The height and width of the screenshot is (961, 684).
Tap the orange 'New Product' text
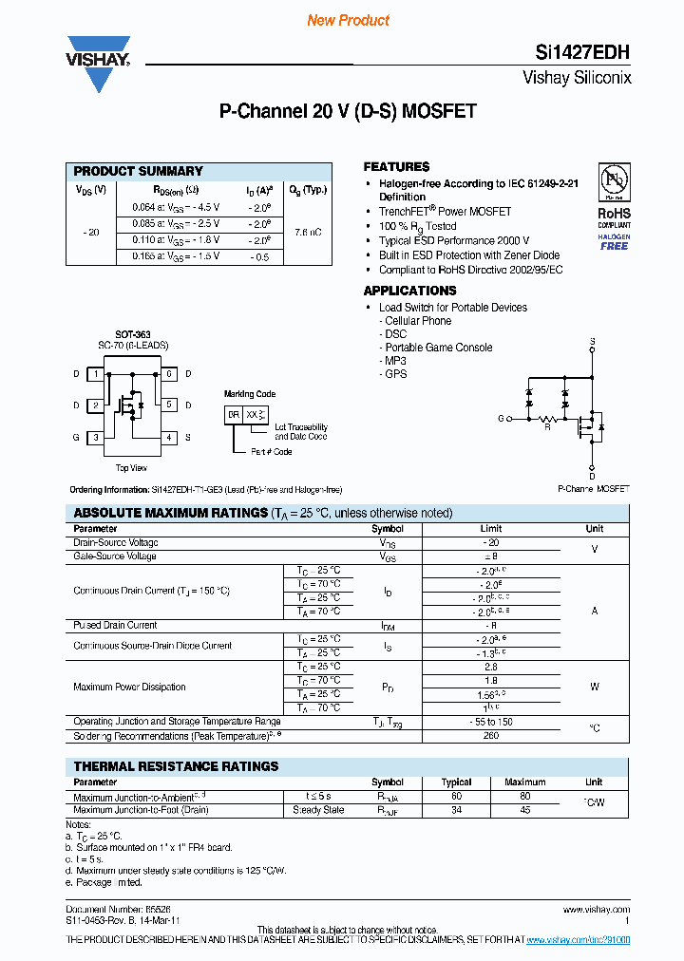[x=348, y=20]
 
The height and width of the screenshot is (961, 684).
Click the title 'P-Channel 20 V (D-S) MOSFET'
[x=348, y=112]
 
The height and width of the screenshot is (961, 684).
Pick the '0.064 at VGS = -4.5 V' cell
[x=175, y=206]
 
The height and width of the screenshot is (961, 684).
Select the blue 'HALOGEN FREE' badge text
[x=614, y=241]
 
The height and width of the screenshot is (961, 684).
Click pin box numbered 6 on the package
[x=168, y=374]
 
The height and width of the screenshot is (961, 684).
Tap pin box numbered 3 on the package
[x=95, y=438]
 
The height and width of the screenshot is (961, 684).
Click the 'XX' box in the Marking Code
[x=253, y=415]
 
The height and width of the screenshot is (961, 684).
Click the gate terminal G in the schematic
[x=500, y=418]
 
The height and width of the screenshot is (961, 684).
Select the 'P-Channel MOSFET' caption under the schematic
[x=593, y=488]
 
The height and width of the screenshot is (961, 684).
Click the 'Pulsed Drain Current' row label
[x=115, y=626]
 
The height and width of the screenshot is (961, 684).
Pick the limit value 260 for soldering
[x=490, y=736]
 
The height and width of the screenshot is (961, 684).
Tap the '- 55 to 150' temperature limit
[x=490, y=723]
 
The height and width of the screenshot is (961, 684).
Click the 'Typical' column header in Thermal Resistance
[x=457, y=782]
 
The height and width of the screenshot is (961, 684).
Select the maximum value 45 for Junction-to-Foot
[x=524, y=810]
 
